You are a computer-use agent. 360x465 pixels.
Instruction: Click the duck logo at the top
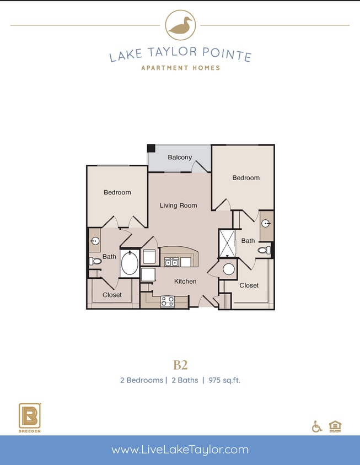click(x=180, y=25)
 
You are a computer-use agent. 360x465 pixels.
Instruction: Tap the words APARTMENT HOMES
click(x=180, y=68)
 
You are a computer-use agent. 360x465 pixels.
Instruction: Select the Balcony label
click(x=180, y=158)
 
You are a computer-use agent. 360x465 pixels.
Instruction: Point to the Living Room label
click(x=178, y=206)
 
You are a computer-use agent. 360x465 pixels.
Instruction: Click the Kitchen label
click(x=185, y=282)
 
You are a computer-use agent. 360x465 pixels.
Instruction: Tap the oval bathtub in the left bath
click(x=130, y=263)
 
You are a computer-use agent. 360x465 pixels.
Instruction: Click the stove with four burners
click(x=168, y=301)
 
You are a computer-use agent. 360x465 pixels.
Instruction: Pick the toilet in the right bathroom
click(x=264, y=250)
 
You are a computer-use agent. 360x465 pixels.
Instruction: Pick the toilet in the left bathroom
click(x=95, y=261)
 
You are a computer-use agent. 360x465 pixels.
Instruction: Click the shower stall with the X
click(x=227, y=244)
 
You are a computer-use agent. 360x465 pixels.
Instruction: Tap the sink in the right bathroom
click(x=266, y=223)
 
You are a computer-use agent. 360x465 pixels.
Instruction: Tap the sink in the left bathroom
click(x=94, y=241)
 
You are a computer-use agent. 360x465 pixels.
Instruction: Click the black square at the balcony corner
click(x=151, y=148)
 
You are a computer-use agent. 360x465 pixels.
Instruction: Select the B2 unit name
click(x=180, y=365)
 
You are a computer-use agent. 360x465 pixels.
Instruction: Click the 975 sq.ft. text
click(x=224, y=380)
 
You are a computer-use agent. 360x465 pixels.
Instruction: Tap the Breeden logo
click(x=29, y=417)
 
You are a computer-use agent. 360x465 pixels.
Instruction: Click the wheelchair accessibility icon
click(x=317, y=426)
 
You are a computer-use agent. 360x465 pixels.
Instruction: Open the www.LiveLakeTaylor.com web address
click(x=180, y=450)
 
